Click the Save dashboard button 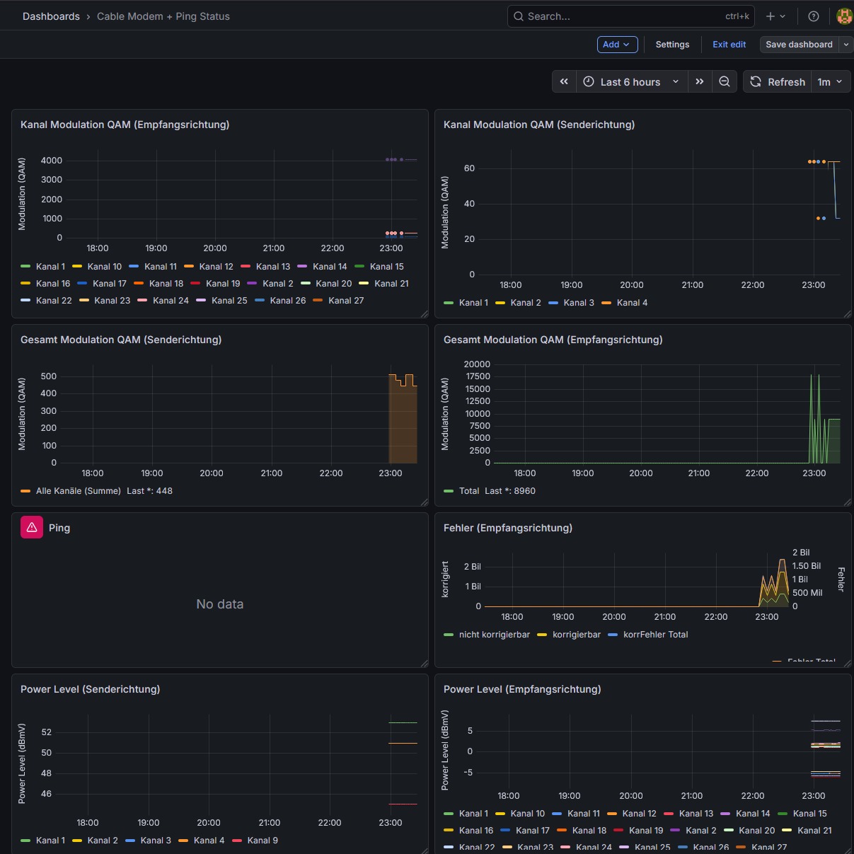(x=799, y=45)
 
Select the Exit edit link (x=729, y=45)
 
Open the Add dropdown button (x=617, y=45)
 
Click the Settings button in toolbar (x=672, y=45)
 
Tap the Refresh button (x=777, y=82)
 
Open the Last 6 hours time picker (x=630, y=82)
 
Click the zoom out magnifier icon (x=725, y=82)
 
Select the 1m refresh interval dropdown (x=830, y=82)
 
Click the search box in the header (x=630, y=16)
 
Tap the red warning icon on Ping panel (x=32, y=527)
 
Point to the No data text (x=220, y=604)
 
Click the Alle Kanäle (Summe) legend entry (x=78, y=491)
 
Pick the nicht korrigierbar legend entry (x=494, y=635)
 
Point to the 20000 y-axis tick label (x=477, y=364)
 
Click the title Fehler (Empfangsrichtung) (x=507, y=528)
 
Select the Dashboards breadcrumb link (x=51, y=16)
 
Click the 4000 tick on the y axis (x=52, y=161)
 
